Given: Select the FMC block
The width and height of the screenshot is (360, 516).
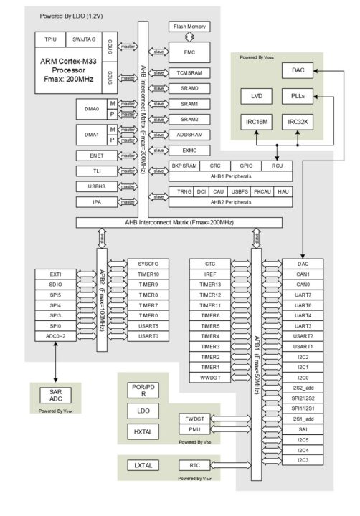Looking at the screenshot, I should click(191, 52).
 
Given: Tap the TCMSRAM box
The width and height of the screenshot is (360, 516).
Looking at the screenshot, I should click(191, 73).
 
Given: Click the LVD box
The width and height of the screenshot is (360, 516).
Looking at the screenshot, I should click(256, 96).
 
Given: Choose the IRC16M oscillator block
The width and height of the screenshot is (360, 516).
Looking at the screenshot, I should click(256, 122).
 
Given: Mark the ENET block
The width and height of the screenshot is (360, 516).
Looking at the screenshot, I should click(98, 156).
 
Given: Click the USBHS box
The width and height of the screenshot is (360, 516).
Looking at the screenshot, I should click(98, 186).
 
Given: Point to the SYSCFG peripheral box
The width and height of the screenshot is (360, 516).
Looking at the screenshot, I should click(148, 264).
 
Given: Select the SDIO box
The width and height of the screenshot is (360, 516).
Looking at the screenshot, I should click(56, 285).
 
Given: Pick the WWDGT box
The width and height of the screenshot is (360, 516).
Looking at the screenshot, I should click(210, 377).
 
